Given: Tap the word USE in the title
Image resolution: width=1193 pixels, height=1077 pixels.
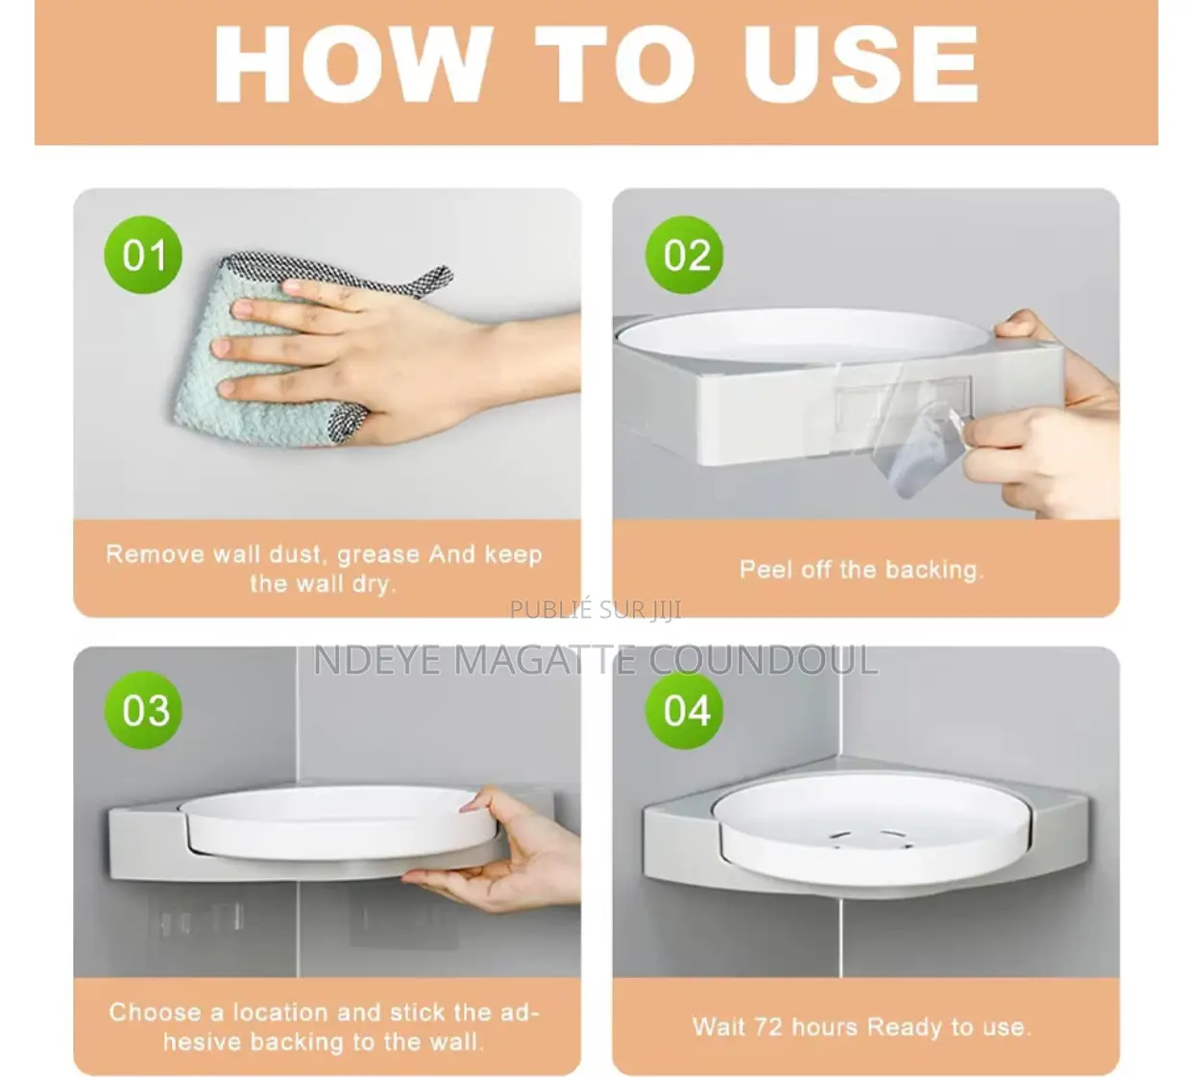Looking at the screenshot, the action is (860, 65).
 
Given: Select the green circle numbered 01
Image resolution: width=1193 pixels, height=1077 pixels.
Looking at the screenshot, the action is (143, 255).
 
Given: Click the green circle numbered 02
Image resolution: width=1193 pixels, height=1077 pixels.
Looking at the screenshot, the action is (685, 255).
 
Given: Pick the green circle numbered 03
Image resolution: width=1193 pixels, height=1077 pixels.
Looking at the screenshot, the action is (143, 710).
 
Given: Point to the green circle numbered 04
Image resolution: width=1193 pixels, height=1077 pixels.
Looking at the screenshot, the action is (685, 710).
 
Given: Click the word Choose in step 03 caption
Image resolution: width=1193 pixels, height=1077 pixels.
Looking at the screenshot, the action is (155, 1012).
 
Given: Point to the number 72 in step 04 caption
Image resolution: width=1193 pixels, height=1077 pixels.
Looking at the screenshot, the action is (767, 1027).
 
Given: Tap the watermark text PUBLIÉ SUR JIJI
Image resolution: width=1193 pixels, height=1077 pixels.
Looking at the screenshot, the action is (596, 609).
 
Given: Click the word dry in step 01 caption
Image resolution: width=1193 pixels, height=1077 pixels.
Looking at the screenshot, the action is (373, 585).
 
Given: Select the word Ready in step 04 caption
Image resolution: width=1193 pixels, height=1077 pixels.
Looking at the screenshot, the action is (906, 1028).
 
